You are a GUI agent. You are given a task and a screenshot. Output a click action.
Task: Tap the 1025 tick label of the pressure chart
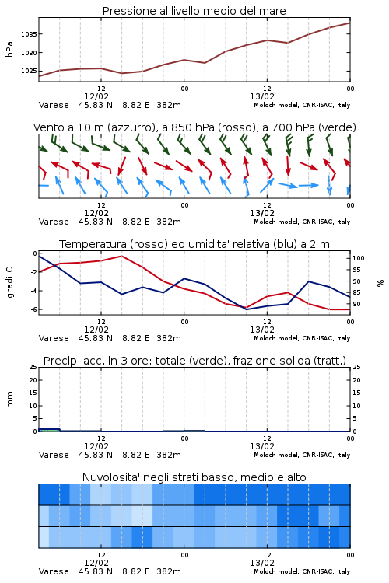pos(29,71)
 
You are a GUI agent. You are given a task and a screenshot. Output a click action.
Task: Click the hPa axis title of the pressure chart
pos(9,49)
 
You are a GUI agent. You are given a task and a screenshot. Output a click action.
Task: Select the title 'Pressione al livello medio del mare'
pos(194,11)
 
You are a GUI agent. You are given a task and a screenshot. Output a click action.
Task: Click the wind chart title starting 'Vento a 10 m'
pos(194,127)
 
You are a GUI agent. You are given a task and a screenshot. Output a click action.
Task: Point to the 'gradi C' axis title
pos(9,283)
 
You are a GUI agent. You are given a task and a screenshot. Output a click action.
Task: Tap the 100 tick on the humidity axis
pos(359,258)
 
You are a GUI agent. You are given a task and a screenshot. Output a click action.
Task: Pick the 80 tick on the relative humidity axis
pos(356,304)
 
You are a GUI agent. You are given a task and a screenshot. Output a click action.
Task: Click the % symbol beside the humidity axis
pos(380,283)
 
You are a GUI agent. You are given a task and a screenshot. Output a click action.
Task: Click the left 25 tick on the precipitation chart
pos(33,367)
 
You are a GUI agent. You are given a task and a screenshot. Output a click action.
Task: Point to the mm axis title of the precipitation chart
pos(9,400)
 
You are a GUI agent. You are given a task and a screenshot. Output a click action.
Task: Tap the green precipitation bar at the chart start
pos(49,430)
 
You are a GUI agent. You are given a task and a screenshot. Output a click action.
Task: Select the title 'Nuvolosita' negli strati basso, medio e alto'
pos(194,477)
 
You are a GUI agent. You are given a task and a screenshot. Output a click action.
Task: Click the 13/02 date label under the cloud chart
pos(262,563)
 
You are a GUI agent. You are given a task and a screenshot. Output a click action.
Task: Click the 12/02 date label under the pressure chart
pos(96,96)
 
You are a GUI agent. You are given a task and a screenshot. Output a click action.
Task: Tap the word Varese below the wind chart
pos(54,222)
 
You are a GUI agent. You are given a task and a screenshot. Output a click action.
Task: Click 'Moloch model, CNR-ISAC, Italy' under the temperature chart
pos(302,338)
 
